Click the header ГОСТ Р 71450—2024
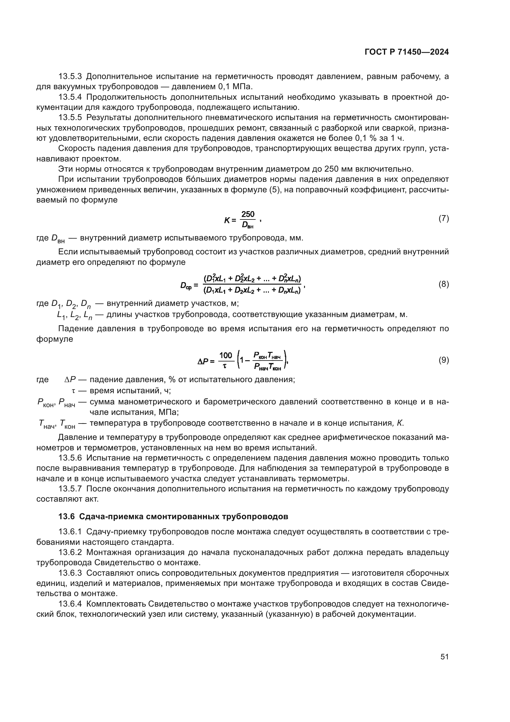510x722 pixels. (x=407, y=52)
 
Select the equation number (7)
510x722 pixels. (x=443, y=219)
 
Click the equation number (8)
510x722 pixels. (x=443, y=284)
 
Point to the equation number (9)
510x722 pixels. (x=443, y=360)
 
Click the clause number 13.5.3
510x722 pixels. (x=70, y=77)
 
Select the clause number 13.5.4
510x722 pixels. (x=70, y=97)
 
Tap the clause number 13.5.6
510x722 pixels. (x=70, y=458)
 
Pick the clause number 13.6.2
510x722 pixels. (x=70, y=553)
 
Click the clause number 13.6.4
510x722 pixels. (x=70, y=604)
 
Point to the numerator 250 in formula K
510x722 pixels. (x=248, y=215)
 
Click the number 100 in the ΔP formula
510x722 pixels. (x=225, y=356)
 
